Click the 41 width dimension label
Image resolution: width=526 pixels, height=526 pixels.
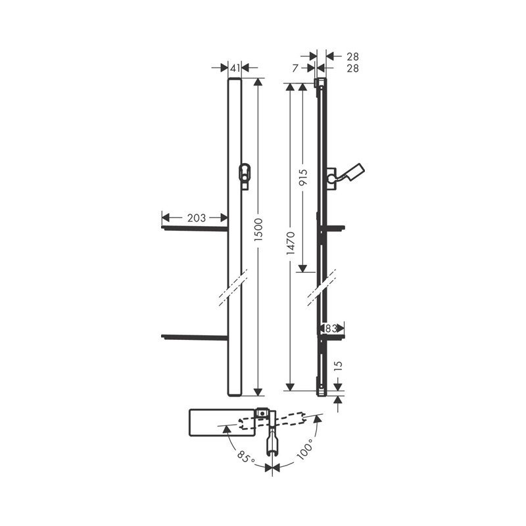pyautogui.click(x=234, y=67)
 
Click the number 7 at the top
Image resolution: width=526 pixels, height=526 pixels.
pyautogui.click(x=295, y=67)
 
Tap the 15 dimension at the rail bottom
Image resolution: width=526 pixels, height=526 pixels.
pyautogui.click(x=338, y=366)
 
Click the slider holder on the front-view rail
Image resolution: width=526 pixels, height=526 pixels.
pyautogui.click(x=245, y=174)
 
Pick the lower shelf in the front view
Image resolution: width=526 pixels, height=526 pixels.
pyautogui.click(x=195, y=337)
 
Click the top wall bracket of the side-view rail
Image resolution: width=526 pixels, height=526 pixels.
pyautogui.click(x=320, y=84)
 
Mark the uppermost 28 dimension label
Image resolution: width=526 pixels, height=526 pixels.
pyautogui.click(x=353, y=57)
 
